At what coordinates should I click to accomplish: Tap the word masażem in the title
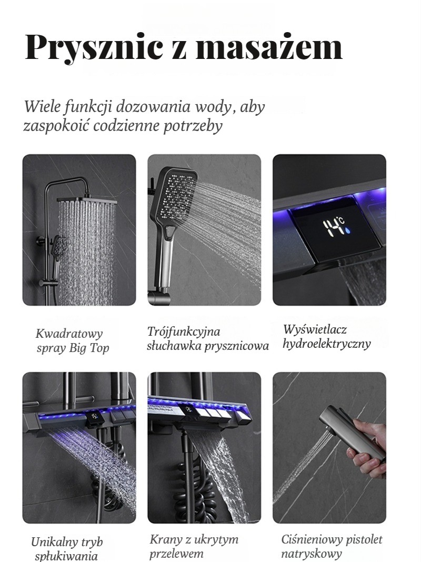click(x=269, y=46)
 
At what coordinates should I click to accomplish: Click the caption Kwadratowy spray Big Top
click(x=71, y=340)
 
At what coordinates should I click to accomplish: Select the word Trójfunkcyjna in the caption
click(x=184, y=332)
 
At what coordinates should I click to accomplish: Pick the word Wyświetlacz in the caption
click(x=315, y=329)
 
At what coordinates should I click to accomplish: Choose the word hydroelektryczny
click(x=326, y=344)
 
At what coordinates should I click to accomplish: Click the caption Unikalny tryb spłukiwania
click(x=67, y=548)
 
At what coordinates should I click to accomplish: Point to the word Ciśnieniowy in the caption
click(x=309, y=539)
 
